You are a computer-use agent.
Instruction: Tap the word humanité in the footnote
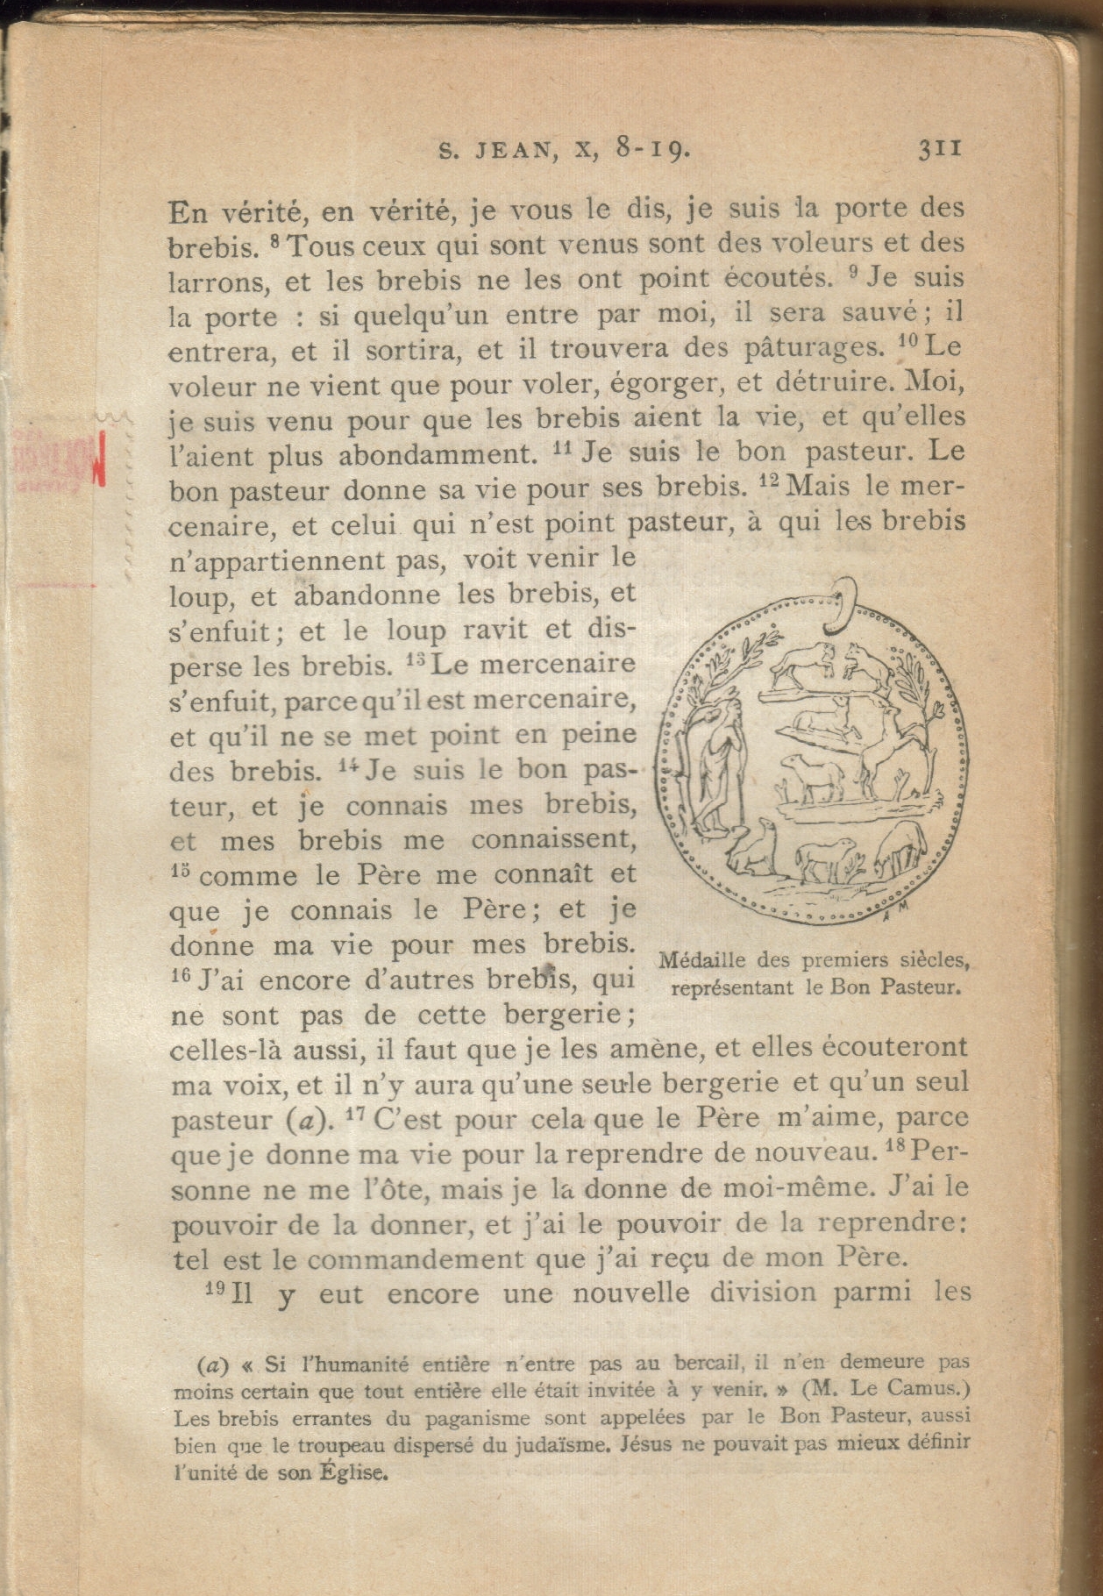click(x=354, y=1364)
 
